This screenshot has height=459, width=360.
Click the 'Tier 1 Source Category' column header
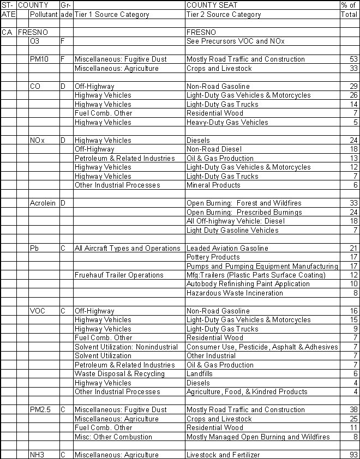(112, 15)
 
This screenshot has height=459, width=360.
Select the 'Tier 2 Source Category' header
(224, 15)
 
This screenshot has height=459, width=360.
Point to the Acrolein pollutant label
(43, 203)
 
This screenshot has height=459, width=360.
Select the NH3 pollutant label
(38, 455)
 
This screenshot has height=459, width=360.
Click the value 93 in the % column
(352, 455)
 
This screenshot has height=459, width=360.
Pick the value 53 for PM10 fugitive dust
(352, 59)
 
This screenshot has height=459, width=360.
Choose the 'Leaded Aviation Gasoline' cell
(227, 248)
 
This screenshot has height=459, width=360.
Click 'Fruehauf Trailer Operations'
(119, 275)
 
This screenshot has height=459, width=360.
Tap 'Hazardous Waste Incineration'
(235, 293)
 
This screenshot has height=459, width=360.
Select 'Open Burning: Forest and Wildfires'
(243, 203)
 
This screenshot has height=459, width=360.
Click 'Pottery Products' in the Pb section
(213, 257)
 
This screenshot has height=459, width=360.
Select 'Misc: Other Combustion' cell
(113, 437)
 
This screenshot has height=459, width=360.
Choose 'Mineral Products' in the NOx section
(212, 185)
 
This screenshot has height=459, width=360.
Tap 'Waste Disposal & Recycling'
(119, 374)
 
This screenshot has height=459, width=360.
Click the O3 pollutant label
(36, 41)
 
